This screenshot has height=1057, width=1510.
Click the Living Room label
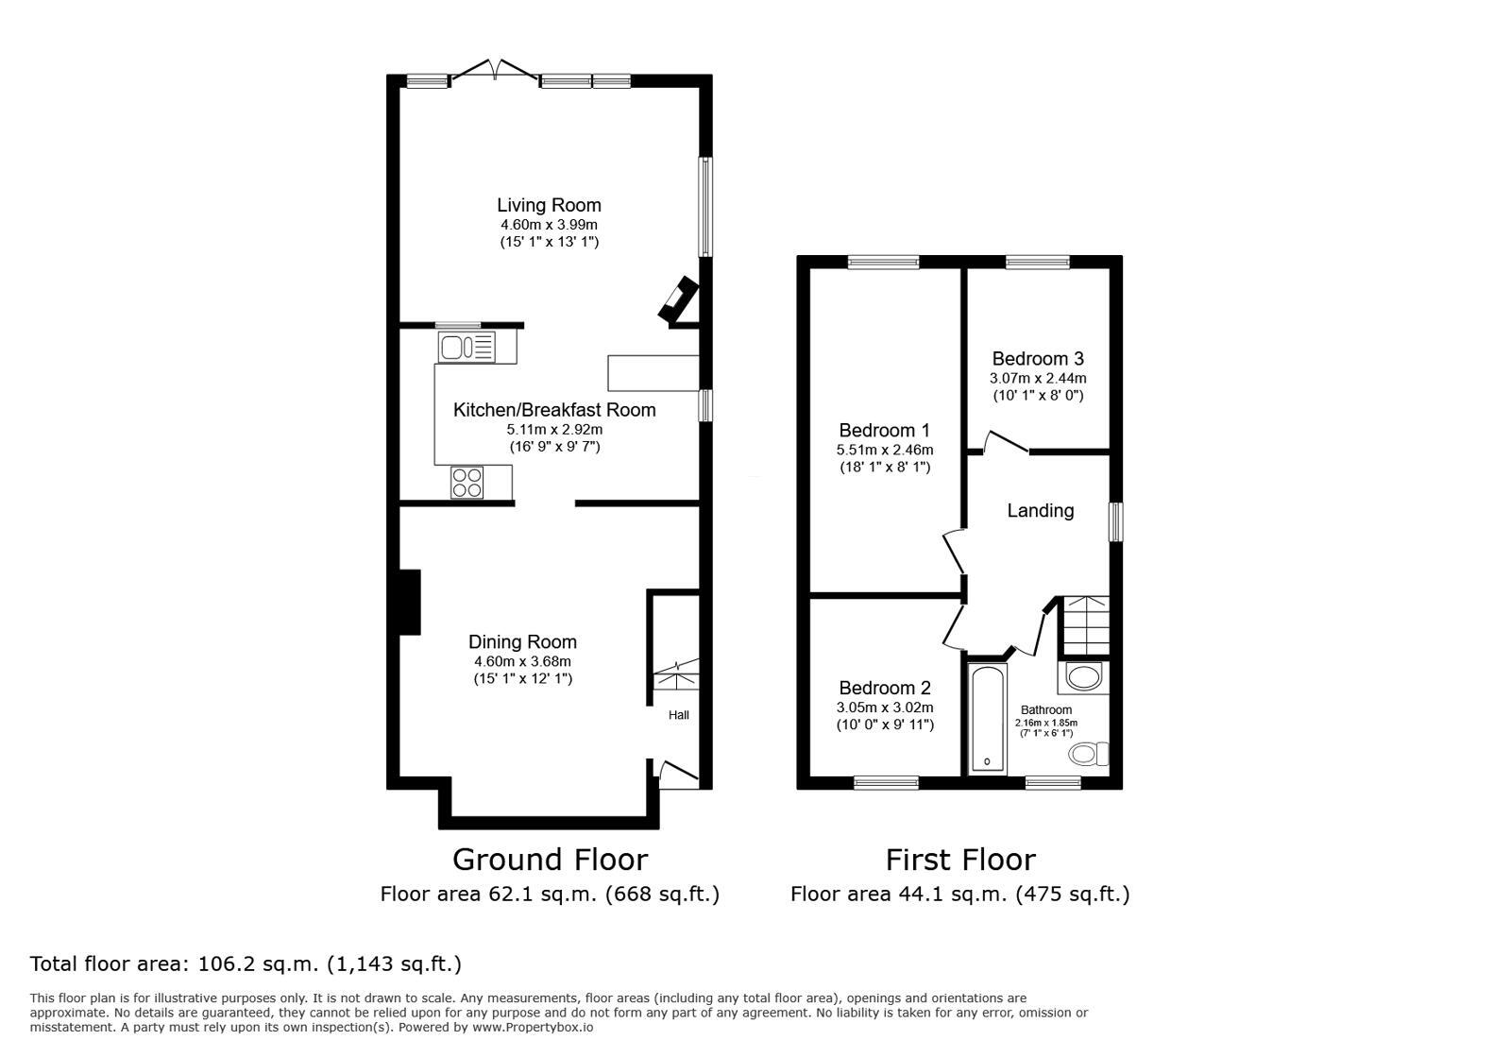click(549, 205)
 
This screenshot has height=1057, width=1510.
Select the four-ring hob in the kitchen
click(467, 483)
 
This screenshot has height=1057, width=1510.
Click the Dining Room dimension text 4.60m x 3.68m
click(522, 661)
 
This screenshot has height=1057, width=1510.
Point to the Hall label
click(678, 715)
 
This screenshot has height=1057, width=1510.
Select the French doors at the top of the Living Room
click(494, 72)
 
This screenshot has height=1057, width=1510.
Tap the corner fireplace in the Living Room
click(678, 301)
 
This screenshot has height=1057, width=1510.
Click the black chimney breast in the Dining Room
click(409, 602)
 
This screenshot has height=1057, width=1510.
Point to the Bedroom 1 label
click(884, 431)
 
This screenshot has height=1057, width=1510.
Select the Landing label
click(1040, 511)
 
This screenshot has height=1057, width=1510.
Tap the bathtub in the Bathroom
click(988, 719)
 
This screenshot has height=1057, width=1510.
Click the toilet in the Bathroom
click(1089, 754)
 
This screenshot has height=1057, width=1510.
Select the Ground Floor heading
click(550, 860)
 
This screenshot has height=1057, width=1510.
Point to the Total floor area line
click(246, 964)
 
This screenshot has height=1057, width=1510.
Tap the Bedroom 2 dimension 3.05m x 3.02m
click(884, 708)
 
